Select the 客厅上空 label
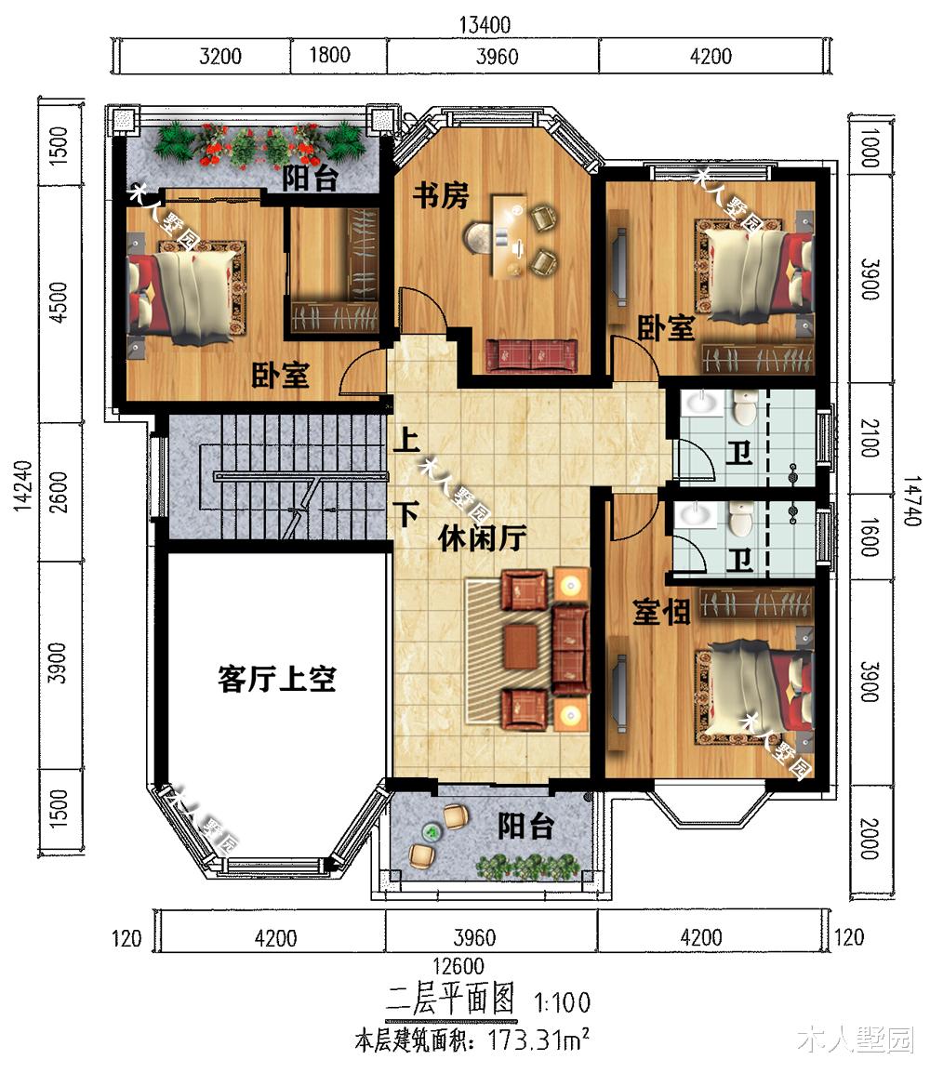[276, 681]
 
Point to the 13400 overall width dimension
[485, 23]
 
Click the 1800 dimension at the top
[329, 55]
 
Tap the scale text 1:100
[562, 1003]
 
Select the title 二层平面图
[451, 1000]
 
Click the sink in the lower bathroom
[692, 513]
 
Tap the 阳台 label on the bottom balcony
[525, 826]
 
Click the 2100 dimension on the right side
[869, 437]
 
